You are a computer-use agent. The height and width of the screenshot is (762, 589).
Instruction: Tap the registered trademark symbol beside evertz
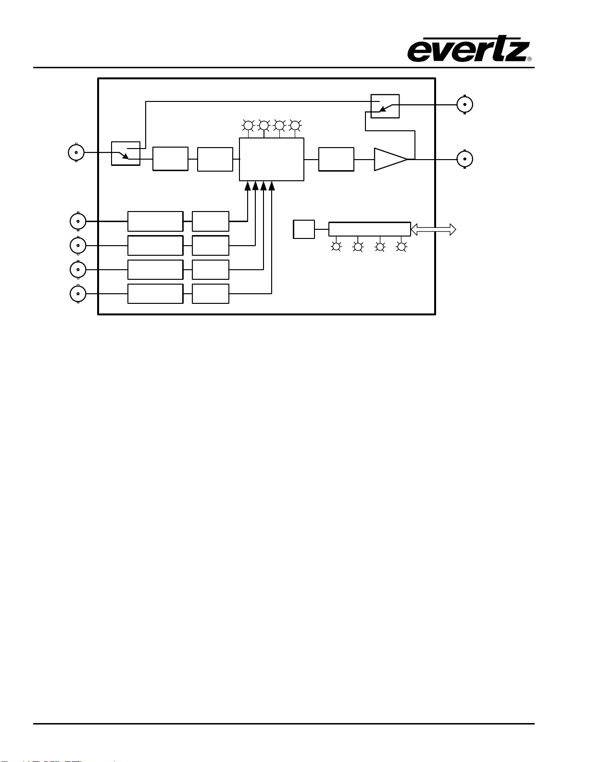[529, 59]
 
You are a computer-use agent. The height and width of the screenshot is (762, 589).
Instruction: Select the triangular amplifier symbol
[391, 159]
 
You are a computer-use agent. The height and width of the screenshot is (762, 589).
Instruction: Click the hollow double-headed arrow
[433, 229]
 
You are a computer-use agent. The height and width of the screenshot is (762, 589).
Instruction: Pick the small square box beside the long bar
[304, 229]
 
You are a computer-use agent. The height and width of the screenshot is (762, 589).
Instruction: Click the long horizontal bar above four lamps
[370, 229]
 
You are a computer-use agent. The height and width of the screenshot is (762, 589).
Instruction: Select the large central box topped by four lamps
[272, 159]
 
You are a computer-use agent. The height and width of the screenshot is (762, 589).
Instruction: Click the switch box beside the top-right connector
[385, 106]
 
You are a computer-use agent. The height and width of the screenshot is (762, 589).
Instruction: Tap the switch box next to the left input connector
[125, 153]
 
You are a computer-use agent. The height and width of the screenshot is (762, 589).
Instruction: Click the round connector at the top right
[465, 104]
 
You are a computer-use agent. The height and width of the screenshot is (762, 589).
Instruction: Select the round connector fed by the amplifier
[465, 159]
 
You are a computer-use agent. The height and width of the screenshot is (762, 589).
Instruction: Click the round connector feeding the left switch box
[76, 152]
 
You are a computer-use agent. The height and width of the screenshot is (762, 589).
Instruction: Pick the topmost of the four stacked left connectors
[78, 221]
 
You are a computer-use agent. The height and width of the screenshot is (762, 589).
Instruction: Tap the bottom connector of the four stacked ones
[78, 294]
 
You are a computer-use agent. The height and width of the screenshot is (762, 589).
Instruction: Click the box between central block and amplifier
[336, 159]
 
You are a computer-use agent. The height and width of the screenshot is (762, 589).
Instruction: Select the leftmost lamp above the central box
[248, 125]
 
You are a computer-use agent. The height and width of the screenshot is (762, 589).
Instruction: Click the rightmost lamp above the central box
[295, 125]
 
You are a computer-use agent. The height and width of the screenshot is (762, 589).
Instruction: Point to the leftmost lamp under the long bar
[336, 247]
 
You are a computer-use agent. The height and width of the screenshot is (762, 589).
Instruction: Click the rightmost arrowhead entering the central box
[272, 186]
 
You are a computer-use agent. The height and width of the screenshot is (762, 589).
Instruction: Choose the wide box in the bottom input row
[155, 294]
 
